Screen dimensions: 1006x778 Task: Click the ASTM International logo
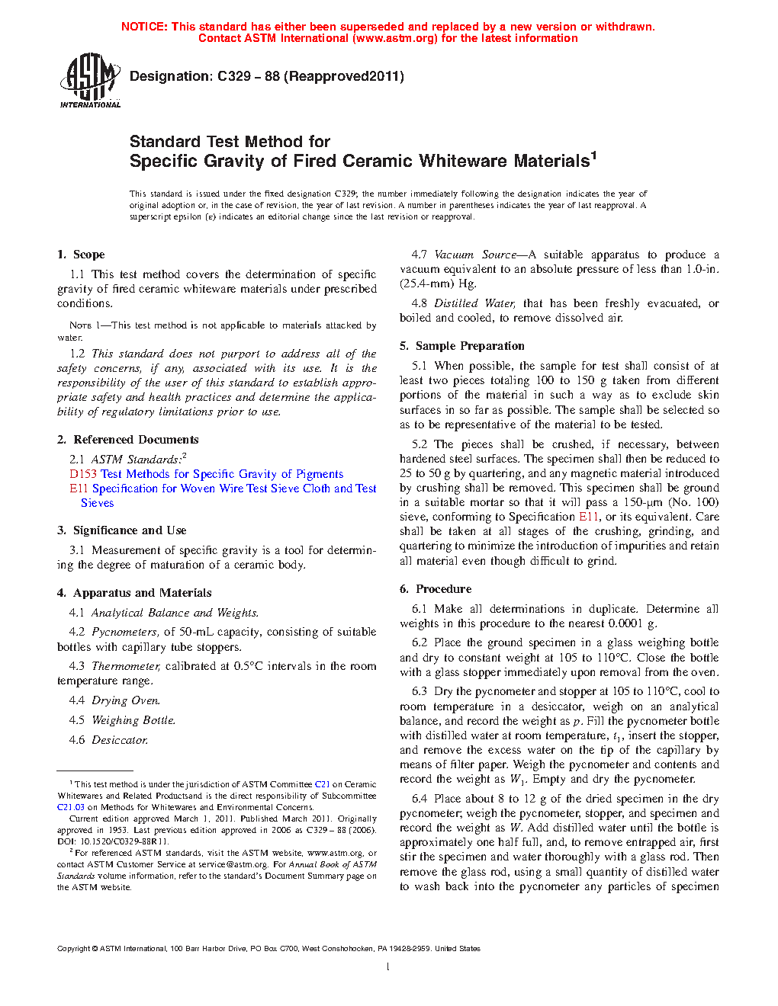tap(89, 80)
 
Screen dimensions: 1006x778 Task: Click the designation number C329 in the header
tap(234, 76)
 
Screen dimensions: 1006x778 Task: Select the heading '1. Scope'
tap(81, 255)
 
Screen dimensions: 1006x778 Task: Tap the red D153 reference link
tap(83, 474)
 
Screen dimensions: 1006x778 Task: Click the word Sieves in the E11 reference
tap(97, 503)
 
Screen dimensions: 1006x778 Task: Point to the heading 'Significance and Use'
tap(130, 530)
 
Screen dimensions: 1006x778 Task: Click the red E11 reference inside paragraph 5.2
tap(589, 517)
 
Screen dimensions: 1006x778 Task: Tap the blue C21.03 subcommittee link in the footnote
tap(71, 807)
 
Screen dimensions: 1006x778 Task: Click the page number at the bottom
tap(388, 966)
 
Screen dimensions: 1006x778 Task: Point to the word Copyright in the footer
tap(73, 949)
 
